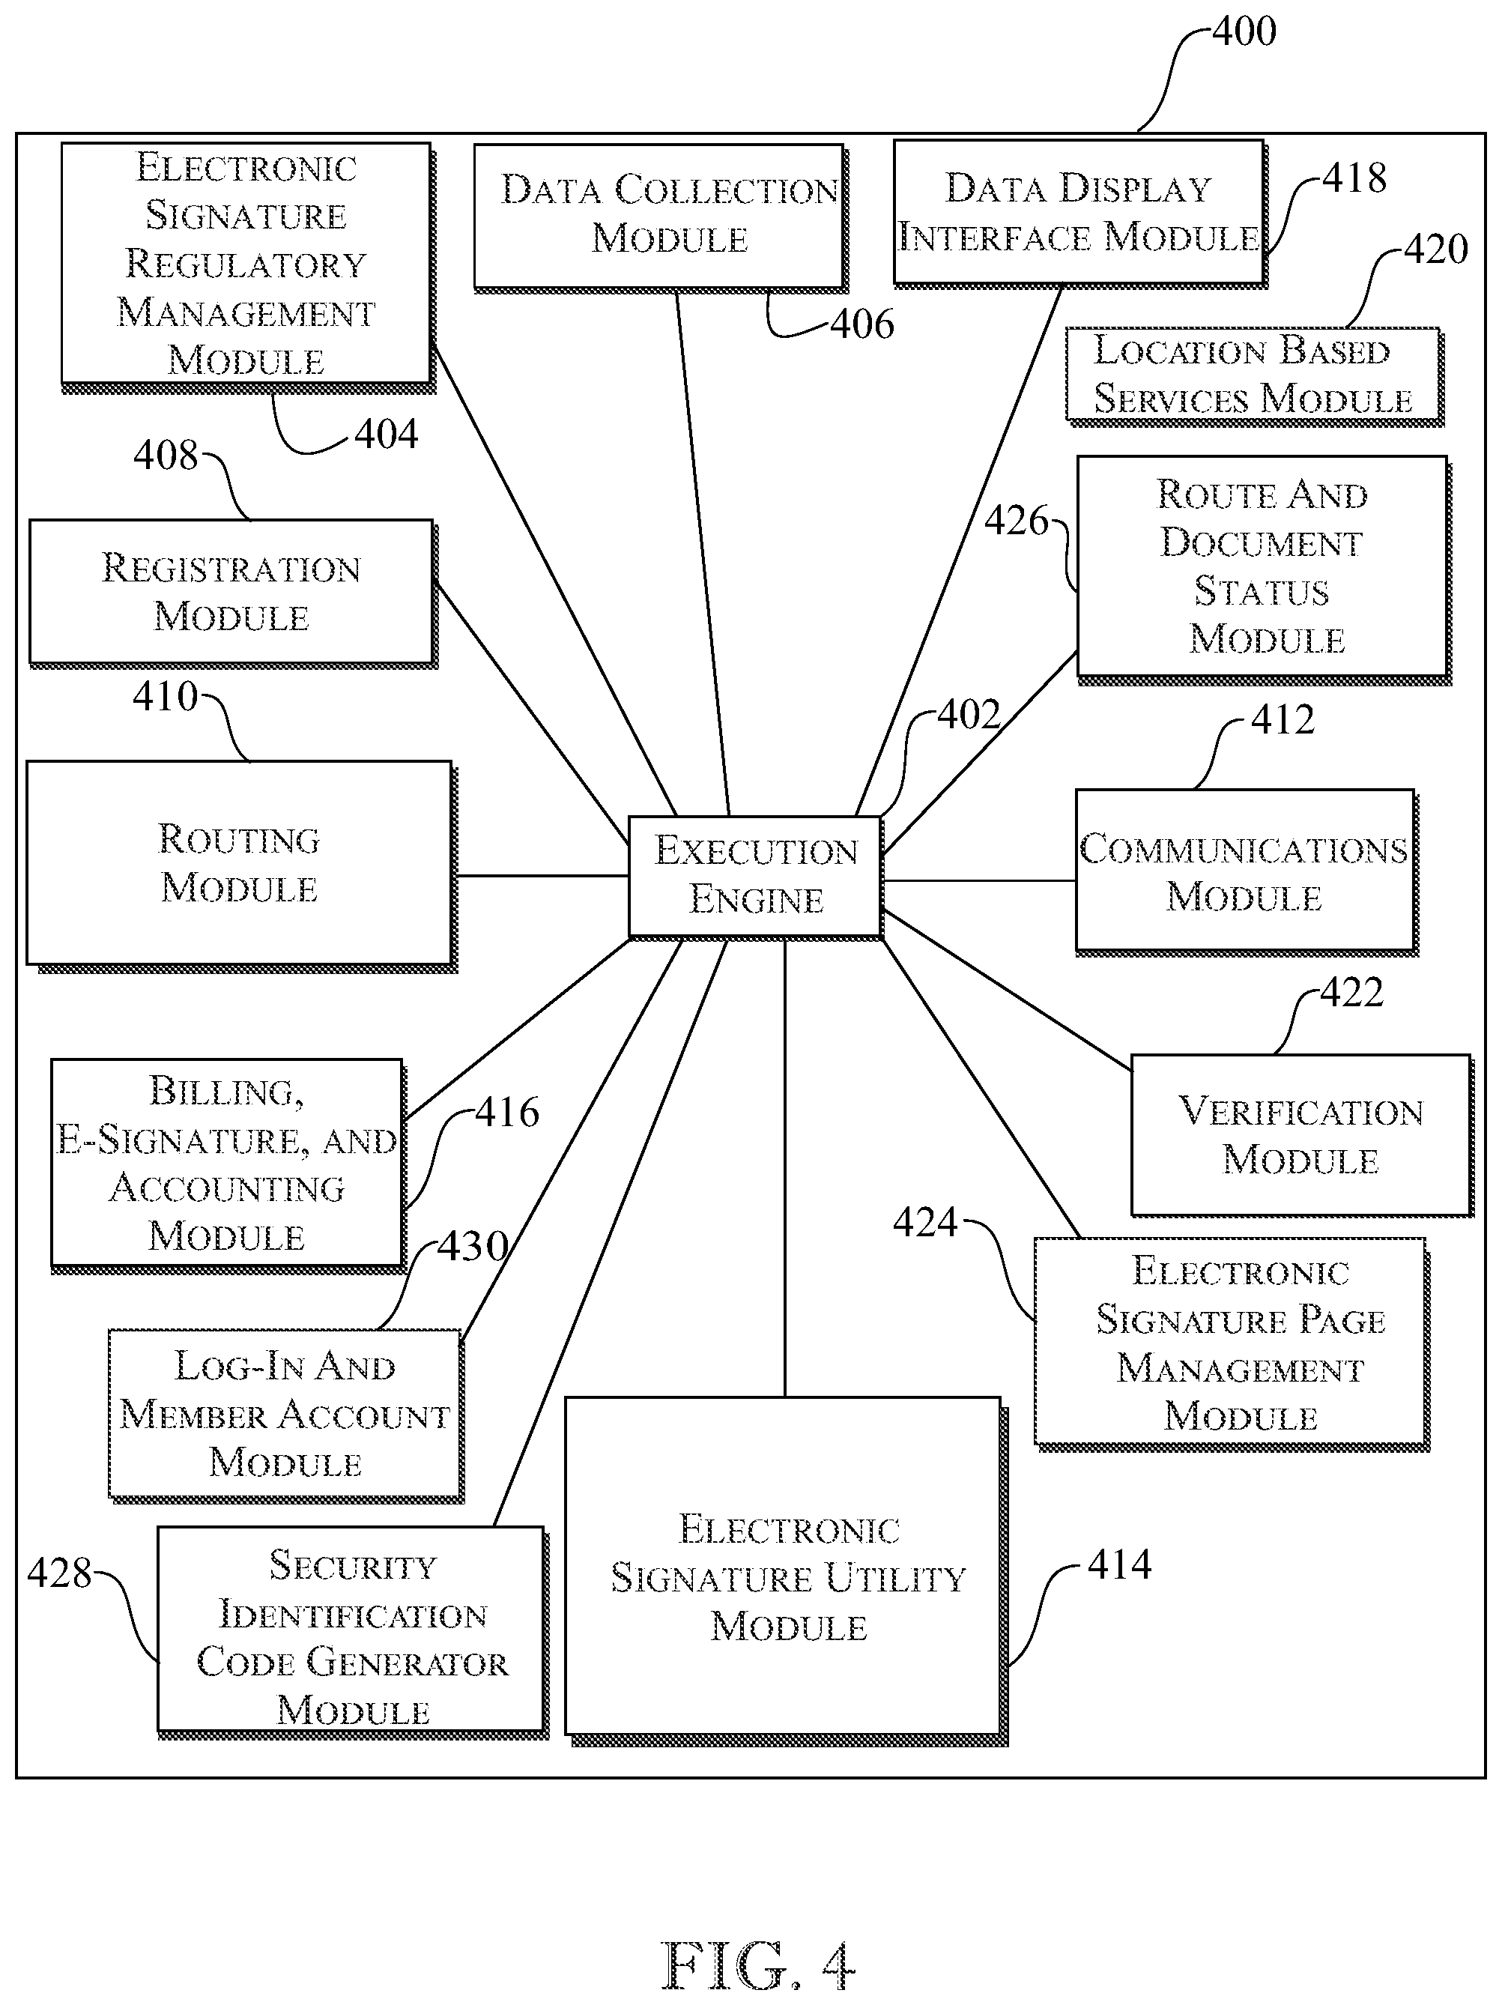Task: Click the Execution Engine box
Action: click(x=755, y=877)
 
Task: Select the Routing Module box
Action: click(x=240, y=864)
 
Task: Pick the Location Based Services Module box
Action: click(x=1253, y=375)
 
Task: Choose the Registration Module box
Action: click(x=232, y=593)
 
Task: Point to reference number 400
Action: click(x=1244, y=31)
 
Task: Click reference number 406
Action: click(x=862, y=324)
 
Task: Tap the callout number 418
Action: click(x=1354, y=178)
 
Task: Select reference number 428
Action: click(x=60, y=1573)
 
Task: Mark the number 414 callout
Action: click(x=1119, y=1564)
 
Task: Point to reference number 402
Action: click(x=968, y=716)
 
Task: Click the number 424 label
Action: click(x=925, y=1222)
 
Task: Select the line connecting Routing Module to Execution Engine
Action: click(x=542, y=876)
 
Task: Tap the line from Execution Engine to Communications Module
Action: click(x=979, y=880)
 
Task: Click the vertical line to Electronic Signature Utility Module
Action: click(x=785, y=1167)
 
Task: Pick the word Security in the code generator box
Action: click(x=353, y=1565)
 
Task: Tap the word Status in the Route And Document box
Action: click(x=1262, y=591)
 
